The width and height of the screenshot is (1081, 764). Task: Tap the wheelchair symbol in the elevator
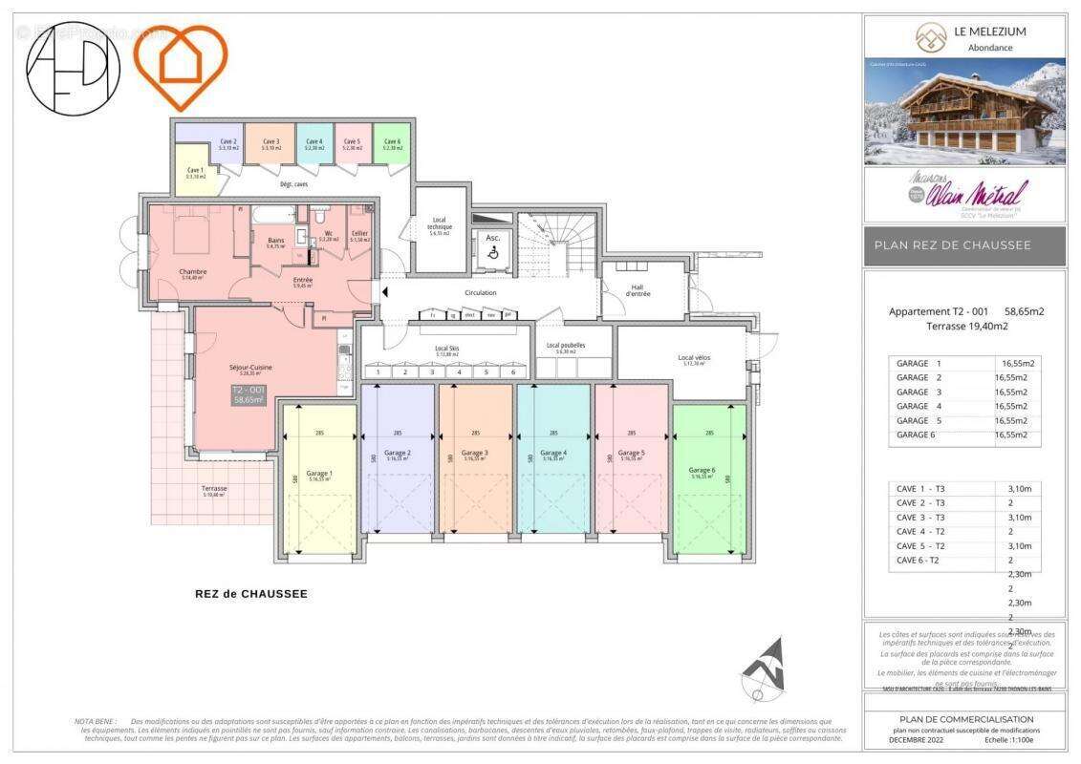click(493, 254)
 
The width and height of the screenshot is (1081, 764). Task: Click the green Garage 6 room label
click(701, 471)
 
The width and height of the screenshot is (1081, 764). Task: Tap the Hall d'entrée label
click(639, 290)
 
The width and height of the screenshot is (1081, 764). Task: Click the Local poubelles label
click(566, 347)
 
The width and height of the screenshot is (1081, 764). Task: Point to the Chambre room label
click(193, 273)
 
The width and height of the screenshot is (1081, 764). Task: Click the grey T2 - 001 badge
click(249, 395)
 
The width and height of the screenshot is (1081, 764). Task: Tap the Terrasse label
click(214, 490)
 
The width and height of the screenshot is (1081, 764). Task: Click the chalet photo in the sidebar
click(964, 112)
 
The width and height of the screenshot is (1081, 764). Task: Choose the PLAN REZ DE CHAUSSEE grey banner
click(964, 245)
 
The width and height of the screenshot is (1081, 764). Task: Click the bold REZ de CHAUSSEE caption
click(251, 594)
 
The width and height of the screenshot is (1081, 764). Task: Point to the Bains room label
click(276, 243)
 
